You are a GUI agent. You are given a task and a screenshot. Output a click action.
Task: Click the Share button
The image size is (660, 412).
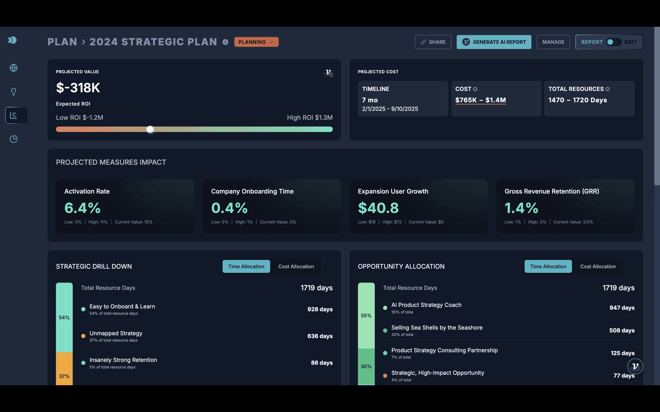pyautogui.click(x=433, y=42)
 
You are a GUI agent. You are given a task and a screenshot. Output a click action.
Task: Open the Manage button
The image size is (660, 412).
pyautogui.click(x=553, y=42)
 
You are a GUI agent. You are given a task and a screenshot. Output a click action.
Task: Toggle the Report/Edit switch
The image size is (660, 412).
pyautogui.click(x=613, y=42)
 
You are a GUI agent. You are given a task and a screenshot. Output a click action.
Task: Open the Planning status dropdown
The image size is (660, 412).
pyautogui.click(x=256, y=42)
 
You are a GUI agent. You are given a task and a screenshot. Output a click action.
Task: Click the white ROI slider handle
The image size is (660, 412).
pyautogui.click(x=150, y=130)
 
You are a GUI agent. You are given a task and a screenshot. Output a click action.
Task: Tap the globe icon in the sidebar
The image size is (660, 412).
pyautogui.click(x=14, y=68)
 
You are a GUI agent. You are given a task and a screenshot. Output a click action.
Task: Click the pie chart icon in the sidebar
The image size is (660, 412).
pyautogui.click(x=14, y=139)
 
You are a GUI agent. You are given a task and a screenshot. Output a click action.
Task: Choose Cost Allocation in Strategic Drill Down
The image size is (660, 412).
pyautogui.click(x=296, y=266)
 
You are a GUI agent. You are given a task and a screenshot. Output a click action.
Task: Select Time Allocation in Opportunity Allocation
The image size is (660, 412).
pyautogui.click(x=548, y=266)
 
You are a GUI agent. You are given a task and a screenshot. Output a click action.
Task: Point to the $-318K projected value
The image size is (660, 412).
pyautogui.click(x=78, y=88)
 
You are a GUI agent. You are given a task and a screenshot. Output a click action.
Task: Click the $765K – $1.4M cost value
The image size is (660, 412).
pyautogui.click(x=481, y=100)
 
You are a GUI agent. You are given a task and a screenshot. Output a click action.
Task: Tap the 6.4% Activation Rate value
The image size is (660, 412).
pyautogui.click(x=82, y=208)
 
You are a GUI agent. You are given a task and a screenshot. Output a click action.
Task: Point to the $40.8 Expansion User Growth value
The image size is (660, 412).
pyautogui.click(x=378, y=208)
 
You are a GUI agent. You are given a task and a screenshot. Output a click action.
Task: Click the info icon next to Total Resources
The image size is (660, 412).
pyautogui.click(x=607, y=89)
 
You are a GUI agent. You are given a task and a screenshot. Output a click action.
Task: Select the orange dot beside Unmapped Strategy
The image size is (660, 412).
pyautogui.click(x=83, y=336)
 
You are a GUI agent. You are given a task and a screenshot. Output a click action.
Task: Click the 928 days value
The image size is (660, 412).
pyautogui.click(x=320, y=309)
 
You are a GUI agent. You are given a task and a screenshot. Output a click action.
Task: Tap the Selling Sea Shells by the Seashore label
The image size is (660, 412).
pyautogui.click(x=437, y=328)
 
